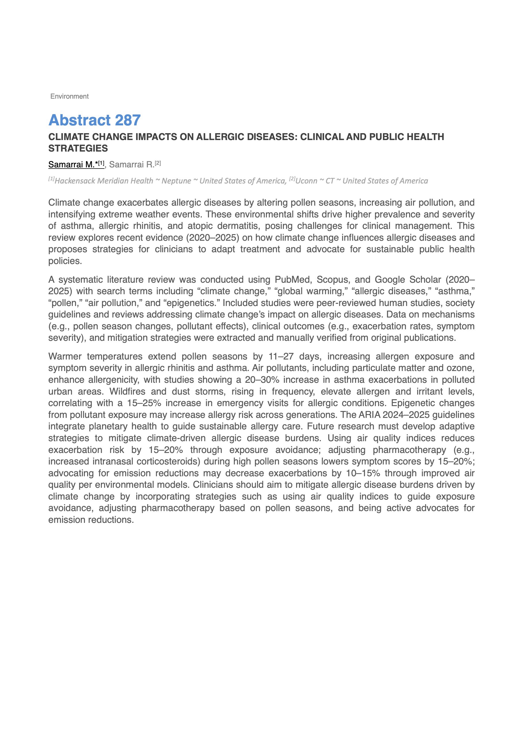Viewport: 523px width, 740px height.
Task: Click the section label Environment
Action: (x=69, y=96)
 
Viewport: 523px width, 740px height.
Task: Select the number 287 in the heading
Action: (x=128, y=120)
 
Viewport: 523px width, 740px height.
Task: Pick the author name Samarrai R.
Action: (x=132, y=165)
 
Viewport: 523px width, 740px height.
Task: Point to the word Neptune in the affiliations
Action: (x=176, y=181)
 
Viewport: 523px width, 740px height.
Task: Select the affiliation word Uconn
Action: (x=306, y=181)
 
